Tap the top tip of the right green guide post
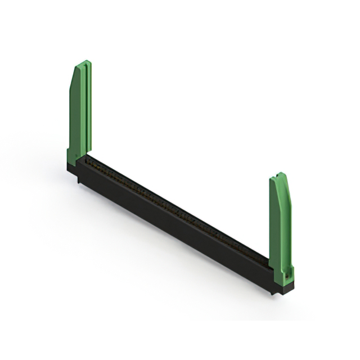pyautogui.click(x=280, y=174)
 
